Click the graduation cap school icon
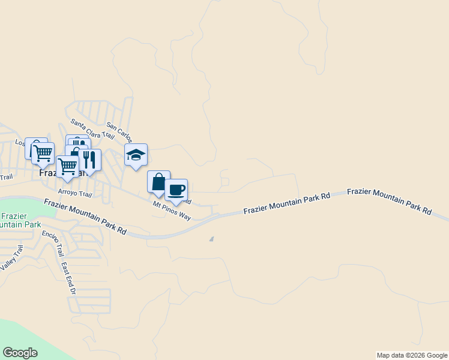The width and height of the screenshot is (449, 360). click(136, 155)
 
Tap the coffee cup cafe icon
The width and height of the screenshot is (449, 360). click(176, 190)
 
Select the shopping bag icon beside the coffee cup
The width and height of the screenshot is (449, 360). click(158, 182)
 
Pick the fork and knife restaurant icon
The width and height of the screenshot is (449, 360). click(89, 160)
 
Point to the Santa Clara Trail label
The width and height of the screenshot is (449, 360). click(92, 128)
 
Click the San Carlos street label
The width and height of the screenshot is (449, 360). click(118, 131)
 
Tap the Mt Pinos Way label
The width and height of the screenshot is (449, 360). click(172, 211)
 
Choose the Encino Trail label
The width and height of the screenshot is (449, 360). click(52, 242)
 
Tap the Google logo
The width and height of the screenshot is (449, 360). click(20, 353)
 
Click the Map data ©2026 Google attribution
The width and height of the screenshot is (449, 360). click(411, 355)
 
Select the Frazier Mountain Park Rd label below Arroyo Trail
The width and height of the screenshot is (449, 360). click(85, 217)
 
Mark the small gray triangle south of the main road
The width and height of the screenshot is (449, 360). click(211, 239)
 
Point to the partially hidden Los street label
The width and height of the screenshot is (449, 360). click(20, 143)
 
